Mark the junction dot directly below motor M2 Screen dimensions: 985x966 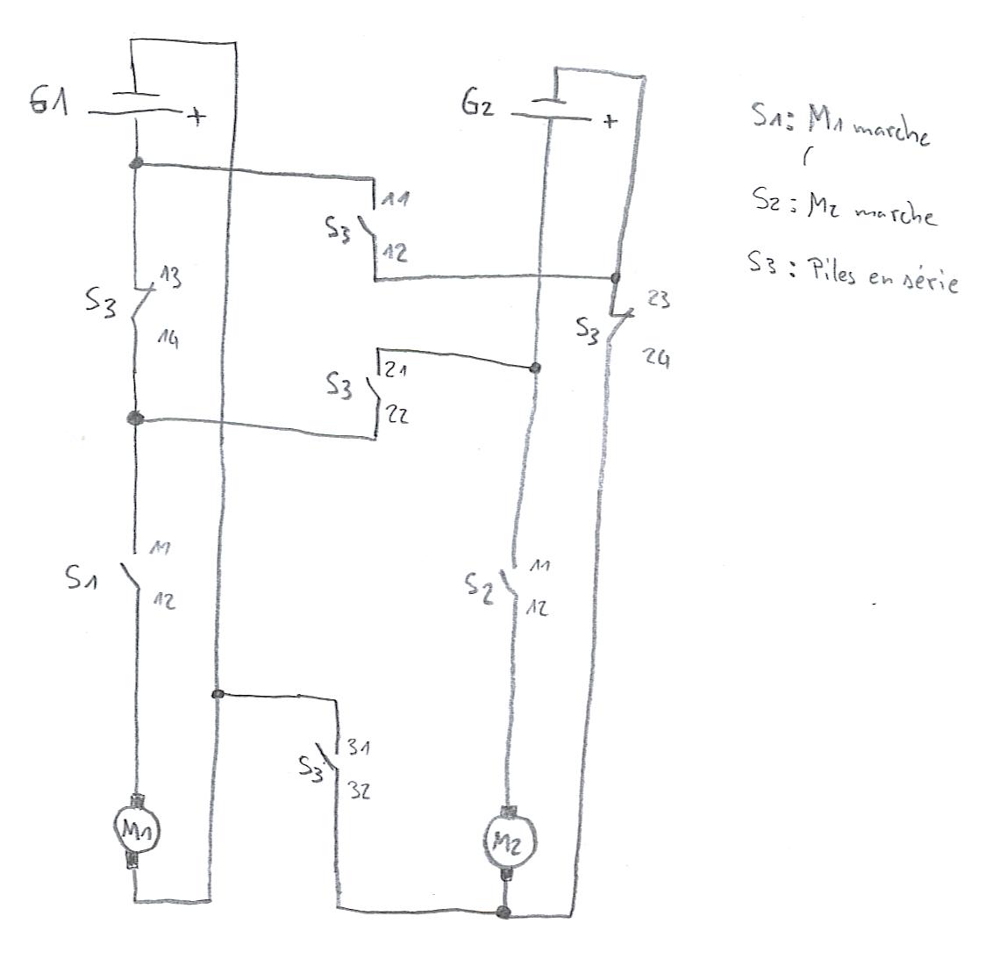pyautogui.click(x=503, y=912)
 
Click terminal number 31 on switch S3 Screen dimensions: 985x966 pyautogui.click(x=358, y=748)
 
